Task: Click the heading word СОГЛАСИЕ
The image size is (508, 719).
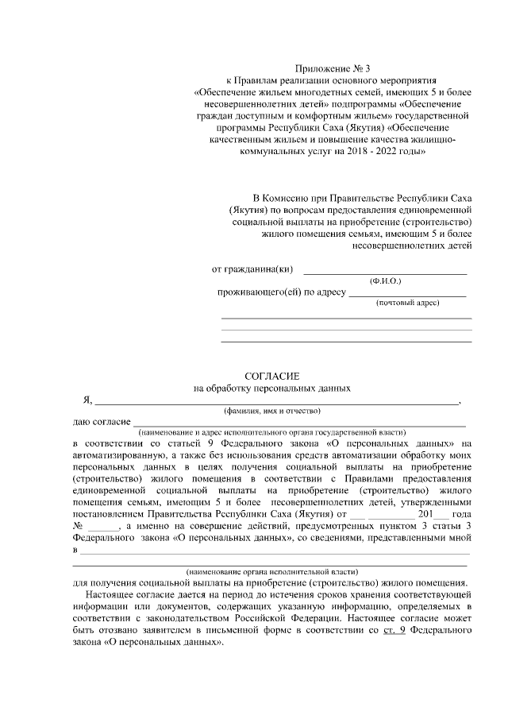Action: pyautogui.click(x=271, y=375)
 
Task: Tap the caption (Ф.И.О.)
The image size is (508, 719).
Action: pyautogui.click(x=386, y=282)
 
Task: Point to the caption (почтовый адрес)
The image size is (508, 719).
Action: pyautogui.click(x=407, y=304)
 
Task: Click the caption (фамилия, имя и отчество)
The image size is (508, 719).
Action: pyautogui.click(x=271, y=411)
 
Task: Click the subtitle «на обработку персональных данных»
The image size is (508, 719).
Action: pyautogui.click(x=271, y=388)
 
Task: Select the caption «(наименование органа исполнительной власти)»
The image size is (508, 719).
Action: pyautogui.click(x=271, y=571)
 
